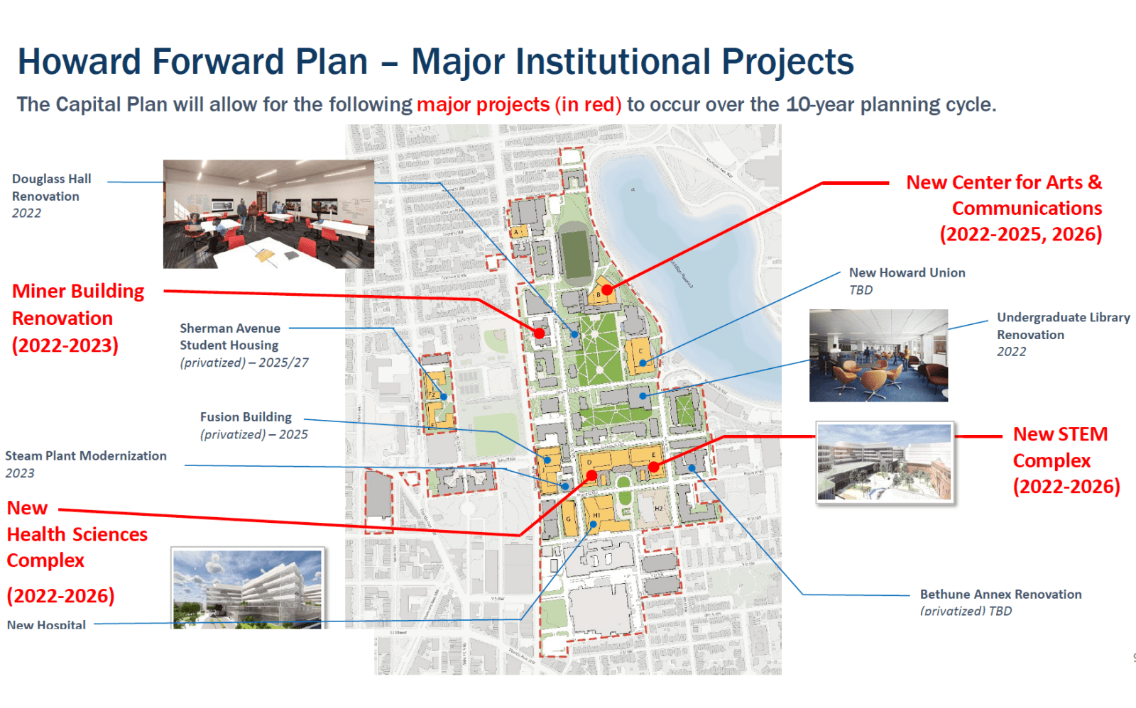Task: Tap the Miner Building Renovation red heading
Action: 78,317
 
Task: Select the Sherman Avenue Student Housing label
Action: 230,337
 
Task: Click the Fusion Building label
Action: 246,417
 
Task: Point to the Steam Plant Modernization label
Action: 86,456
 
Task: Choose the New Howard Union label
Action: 907,273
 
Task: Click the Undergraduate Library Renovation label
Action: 1062,326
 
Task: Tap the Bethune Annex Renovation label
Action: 1000,594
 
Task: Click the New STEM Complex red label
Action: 1065,460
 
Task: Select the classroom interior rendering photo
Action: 268,214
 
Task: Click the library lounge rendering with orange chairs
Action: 878,355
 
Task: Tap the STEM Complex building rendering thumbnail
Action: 885,462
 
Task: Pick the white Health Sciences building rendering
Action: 248,588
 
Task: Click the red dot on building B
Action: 607,289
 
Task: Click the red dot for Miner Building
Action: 540,333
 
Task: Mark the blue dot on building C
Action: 643,363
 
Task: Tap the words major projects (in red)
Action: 518,105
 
